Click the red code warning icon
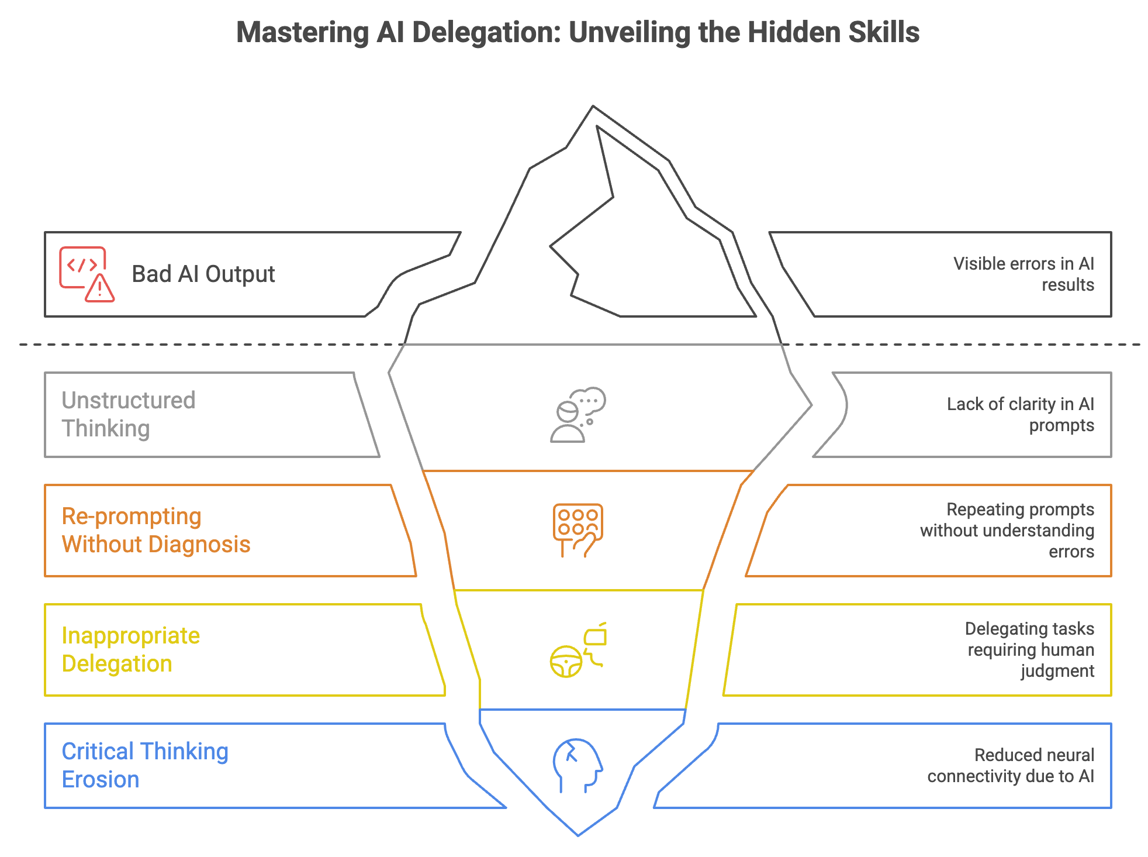coord(87,274)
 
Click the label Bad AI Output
coord(203,274)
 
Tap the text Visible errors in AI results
coord(1023,274)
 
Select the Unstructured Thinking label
coord(129,414)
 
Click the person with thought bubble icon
coord(578,414)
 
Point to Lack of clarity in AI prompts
coord(1021,414)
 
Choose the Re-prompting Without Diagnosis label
coord(156,530)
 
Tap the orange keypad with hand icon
coord(578,530)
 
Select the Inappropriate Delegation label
coord(131,649)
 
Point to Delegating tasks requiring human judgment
coord(1030,649)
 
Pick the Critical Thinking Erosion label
coord(145,765)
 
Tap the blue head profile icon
coord(578,765)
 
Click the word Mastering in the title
coord(302,32)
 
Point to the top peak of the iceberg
coord(593,108)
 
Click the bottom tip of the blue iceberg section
coord(578,834)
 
